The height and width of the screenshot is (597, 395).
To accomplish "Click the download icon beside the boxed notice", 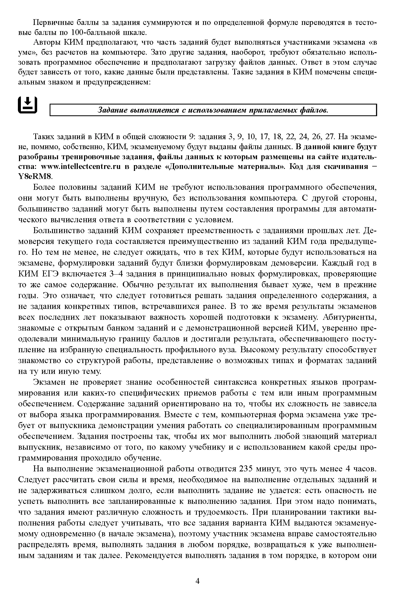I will coord(28,105).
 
